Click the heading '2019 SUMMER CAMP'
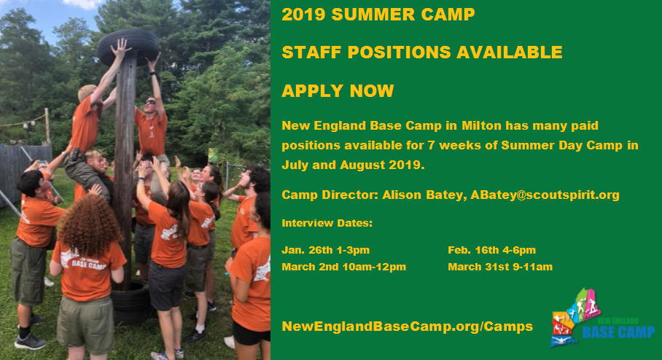[378, 15]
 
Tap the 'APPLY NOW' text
[338, 91]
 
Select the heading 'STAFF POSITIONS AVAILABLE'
[422, 52]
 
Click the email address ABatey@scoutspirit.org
[545, 195]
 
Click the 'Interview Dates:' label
[327, 223]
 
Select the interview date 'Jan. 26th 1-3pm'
[325, 250]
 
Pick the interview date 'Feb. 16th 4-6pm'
[492, 250]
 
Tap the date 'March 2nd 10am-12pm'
[343, 267]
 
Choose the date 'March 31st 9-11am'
[500, 267]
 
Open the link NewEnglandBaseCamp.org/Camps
[407, 326]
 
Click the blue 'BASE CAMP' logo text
[618, 332]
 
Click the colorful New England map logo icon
[575, 318]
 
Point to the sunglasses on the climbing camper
[150, 102]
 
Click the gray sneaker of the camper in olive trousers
[30, 342]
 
